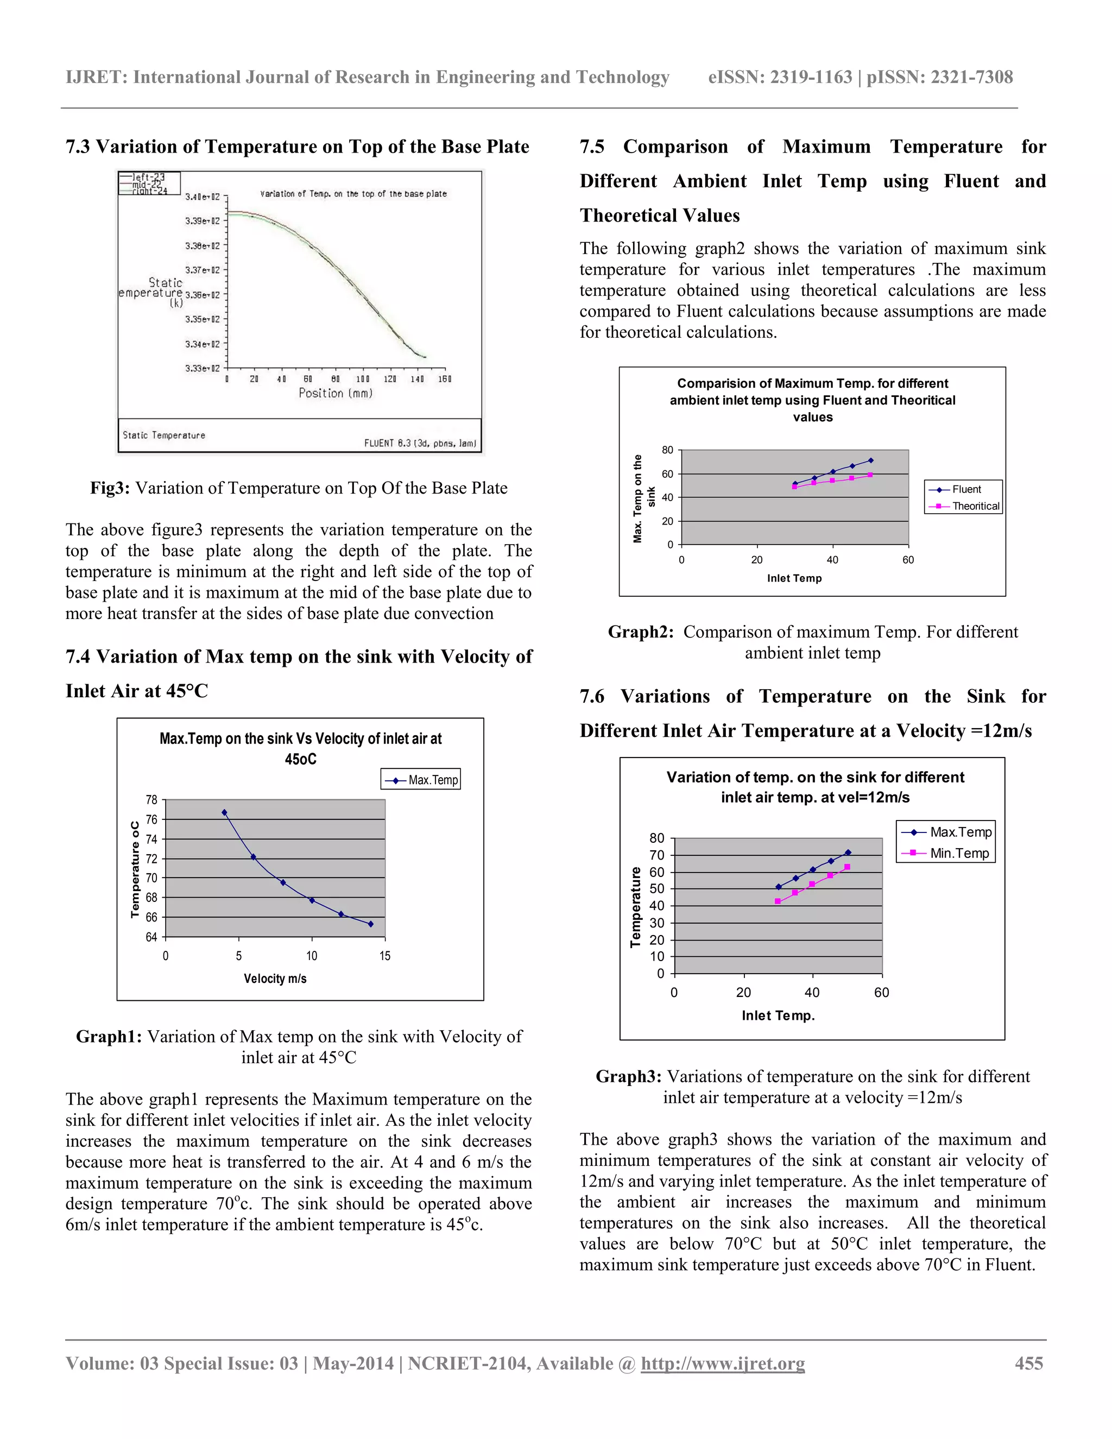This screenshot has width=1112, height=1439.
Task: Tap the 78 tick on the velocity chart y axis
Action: tap(151, 800)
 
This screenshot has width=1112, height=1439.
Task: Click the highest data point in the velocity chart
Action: tap(225, 813)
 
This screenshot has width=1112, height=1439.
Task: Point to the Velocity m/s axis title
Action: tap(275, 979)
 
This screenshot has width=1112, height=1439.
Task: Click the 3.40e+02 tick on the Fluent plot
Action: tap(202, 197)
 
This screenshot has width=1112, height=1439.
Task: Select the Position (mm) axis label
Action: tap(336, 393)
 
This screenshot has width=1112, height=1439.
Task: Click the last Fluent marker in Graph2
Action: tap(871, 460)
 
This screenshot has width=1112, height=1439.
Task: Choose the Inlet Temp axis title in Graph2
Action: tap(794, 578)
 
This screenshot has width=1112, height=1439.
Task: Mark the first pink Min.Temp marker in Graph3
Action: tap(778, 901)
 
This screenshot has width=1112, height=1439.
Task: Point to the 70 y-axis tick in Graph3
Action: tap(657, 855)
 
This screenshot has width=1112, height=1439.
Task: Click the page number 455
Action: tap(1028, 1363)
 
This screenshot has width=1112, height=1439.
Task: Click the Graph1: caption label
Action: tap(109, 1037)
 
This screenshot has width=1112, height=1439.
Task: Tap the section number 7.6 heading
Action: tap(592, 697)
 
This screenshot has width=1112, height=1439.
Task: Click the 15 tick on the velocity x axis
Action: tap(385, 956)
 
